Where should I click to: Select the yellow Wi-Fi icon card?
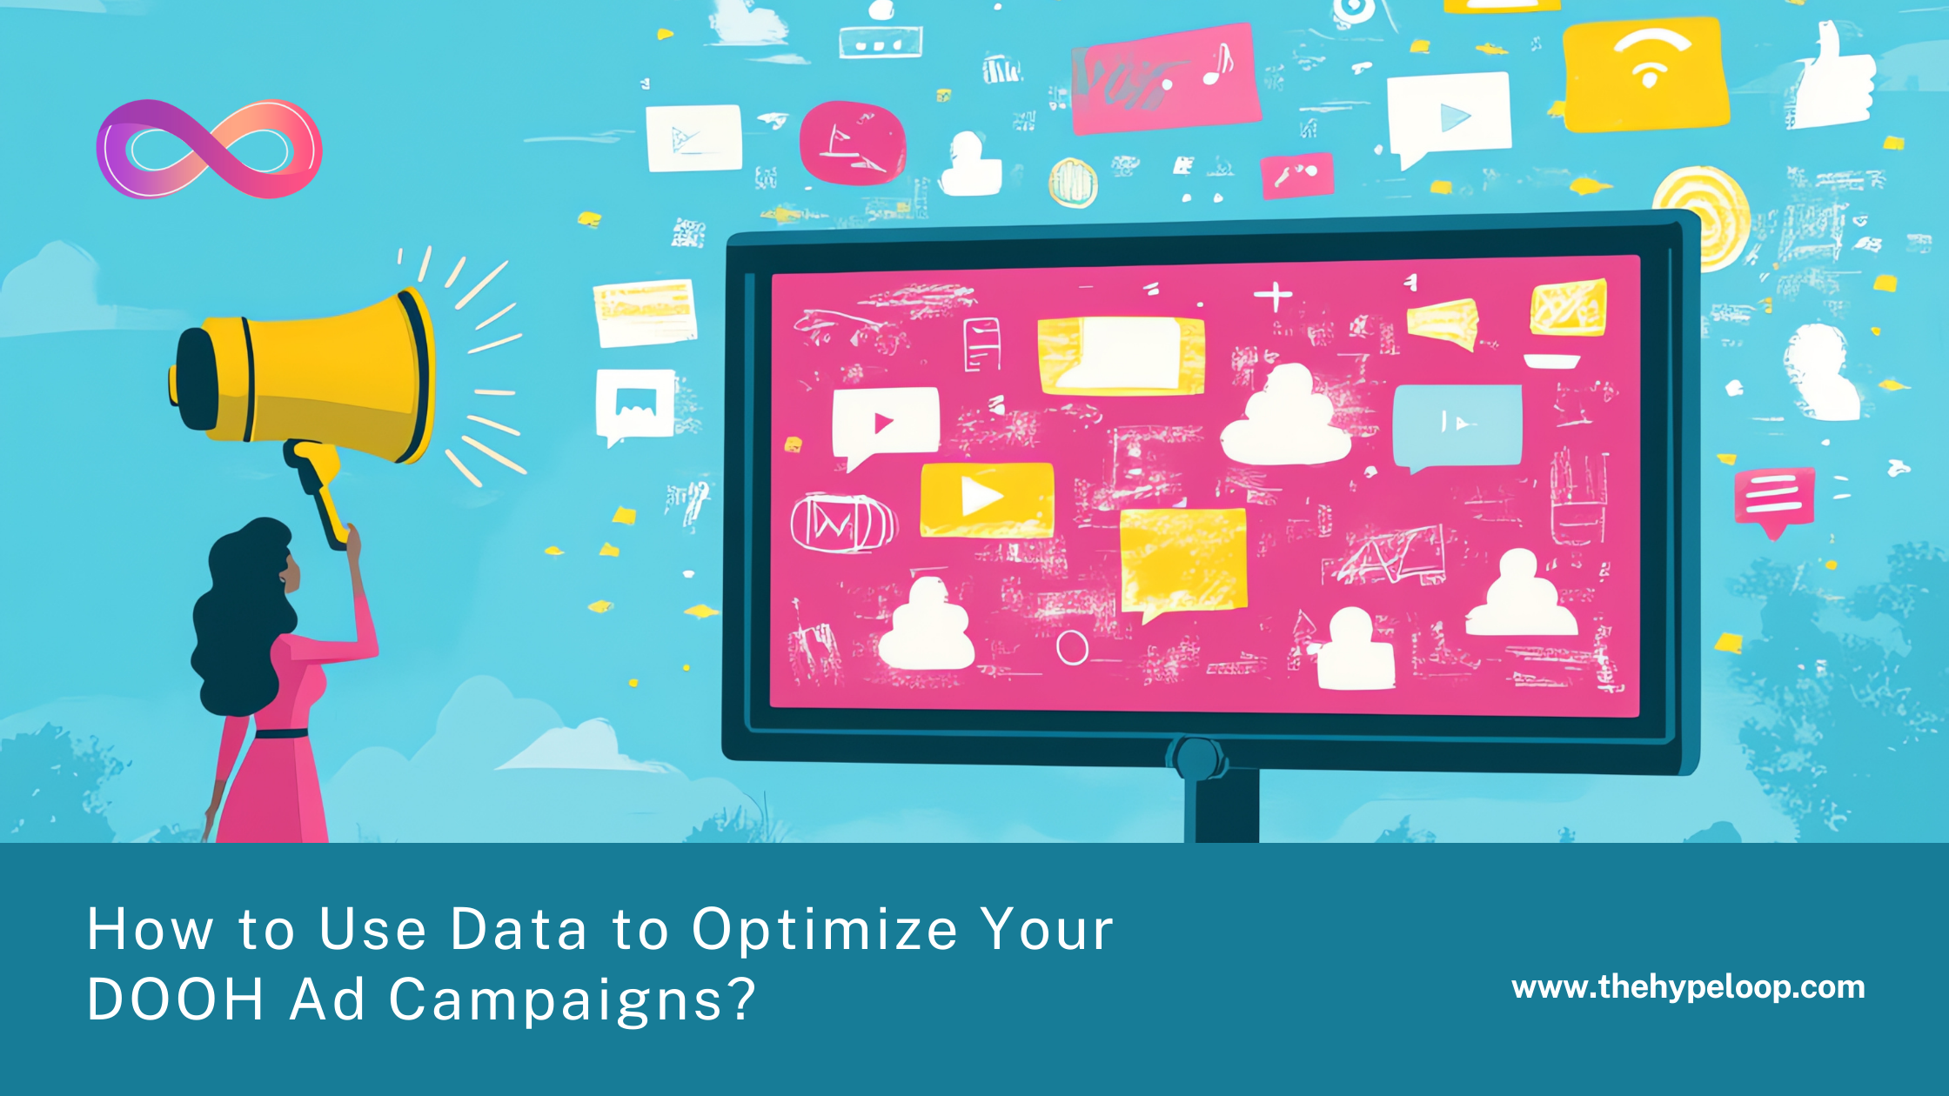point(1645,76)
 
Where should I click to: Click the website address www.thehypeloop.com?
point(1688,988)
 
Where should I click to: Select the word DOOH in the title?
point(175,999)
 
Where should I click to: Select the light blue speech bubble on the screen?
point(1457,427)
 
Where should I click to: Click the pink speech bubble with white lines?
point(1774,499)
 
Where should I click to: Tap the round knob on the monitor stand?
point(1197,758)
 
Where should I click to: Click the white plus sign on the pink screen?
point(1273,297)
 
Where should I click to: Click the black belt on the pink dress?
point(280,732)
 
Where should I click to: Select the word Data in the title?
point(519,930)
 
